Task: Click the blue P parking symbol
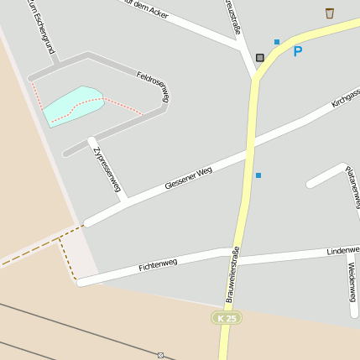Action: [297, 52]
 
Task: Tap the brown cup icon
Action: [329, 13]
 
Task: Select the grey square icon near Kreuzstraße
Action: [260, 58]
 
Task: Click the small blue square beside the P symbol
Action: [277, 41]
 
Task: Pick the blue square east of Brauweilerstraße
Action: [258, 175]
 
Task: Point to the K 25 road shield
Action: [226, 318]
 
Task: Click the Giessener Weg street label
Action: [189, 177]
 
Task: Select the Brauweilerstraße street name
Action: [233, 274]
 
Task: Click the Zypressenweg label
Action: [108, 169]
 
